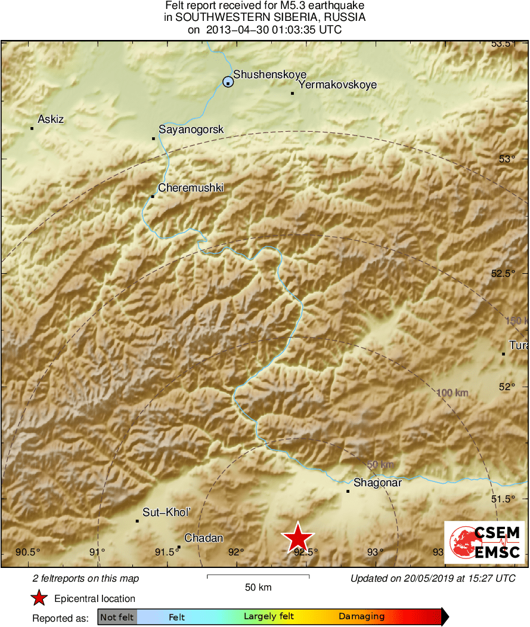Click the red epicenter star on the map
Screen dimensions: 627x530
point(297,538)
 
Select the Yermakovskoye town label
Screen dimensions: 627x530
point(337,85)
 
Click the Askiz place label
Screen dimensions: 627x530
point(51,119)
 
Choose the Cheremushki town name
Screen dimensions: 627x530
point(191,187)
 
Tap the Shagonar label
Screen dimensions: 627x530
point(378,483)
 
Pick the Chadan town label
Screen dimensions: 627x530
point(204,538)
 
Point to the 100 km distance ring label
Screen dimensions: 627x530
point(452,393)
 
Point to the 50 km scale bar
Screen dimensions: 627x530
point(258,576)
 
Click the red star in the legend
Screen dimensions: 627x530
point(39,598)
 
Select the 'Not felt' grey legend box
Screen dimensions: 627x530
point(117,617)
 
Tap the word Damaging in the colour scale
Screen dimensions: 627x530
point(361,617)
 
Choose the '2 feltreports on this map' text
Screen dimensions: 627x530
point(86,578)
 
